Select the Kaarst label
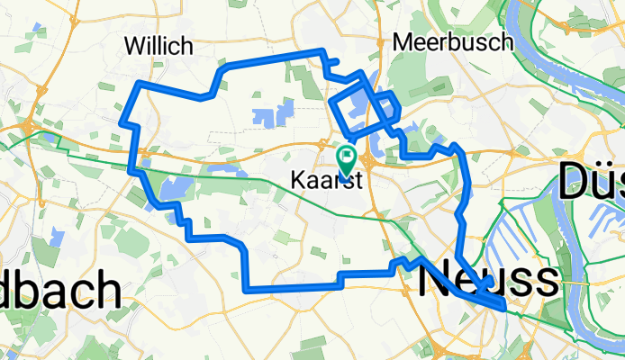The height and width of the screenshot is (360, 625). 326,179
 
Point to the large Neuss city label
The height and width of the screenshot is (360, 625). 488,280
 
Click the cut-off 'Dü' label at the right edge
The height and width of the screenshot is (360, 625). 591,182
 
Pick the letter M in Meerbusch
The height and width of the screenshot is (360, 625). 403,41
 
